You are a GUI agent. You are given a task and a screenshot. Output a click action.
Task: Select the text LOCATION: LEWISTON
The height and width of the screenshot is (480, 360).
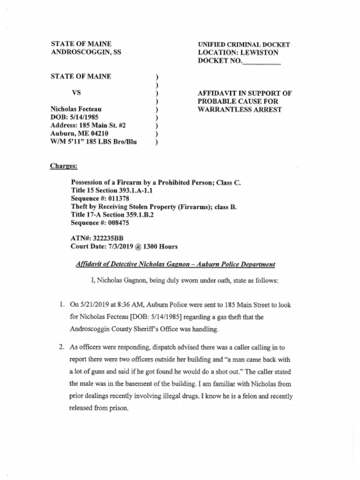(x=238, y=53)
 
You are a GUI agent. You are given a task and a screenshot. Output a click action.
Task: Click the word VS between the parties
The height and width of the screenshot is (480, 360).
(x=76, y=92)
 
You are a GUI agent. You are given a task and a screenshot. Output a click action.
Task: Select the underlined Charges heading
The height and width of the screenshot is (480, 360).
(x=64, y=166)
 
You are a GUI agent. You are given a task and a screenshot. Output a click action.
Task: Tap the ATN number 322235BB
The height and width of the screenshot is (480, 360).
(x=108, y=238)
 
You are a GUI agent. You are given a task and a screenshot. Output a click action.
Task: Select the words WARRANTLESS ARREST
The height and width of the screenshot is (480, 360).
(x=240, y=110)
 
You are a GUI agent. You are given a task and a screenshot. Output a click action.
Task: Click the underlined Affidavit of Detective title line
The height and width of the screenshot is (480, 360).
(x=175, y=264)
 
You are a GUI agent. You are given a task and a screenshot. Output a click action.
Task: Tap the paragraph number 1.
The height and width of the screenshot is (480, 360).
(x=61, y=305)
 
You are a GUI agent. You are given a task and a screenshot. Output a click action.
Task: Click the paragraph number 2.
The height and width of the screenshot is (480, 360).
(x=61, y=347)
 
